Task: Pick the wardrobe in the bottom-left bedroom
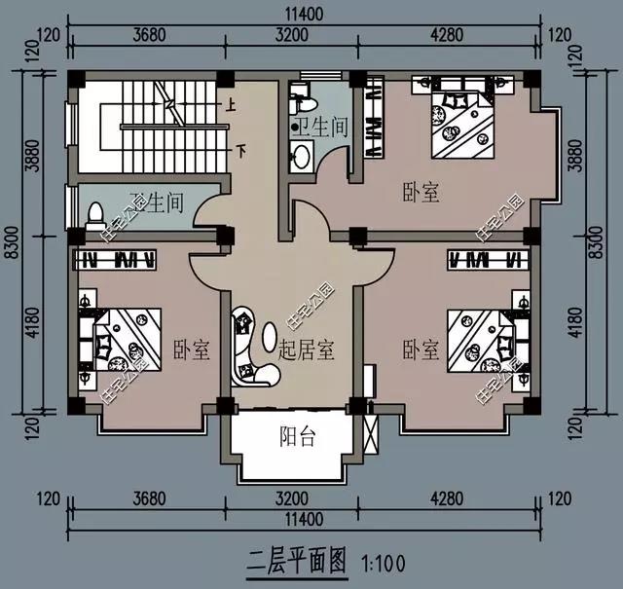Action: pyautogui.click(x=117, y=260)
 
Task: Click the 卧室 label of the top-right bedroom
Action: pyautogui.click(x=420, y=193)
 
